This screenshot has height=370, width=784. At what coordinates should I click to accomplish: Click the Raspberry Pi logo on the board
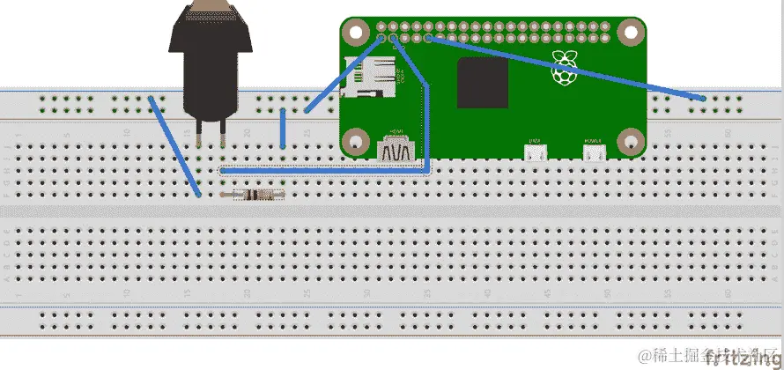[562, 69]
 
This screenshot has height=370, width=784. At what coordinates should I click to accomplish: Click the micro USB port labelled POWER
[594, 152]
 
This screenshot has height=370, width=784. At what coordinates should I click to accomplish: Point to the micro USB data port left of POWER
[534, 152]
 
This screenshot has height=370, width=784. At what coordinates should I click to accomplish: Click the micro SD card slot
[369, 77]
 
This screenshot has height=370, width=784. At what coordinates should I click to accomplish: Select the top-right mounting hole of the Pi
[631, 33]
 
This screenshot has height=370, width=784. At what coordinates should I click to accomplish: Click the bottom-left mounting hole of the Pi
[355, 140]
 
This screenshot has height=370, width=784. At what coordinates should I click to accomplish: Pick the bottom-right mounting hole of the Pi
[631, 140]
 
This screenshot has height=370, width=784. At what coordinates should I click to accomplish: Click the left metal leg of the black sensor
[202, 132]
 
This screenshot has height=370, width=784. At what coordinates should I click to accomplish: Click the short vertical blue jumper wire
[282, 129]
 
